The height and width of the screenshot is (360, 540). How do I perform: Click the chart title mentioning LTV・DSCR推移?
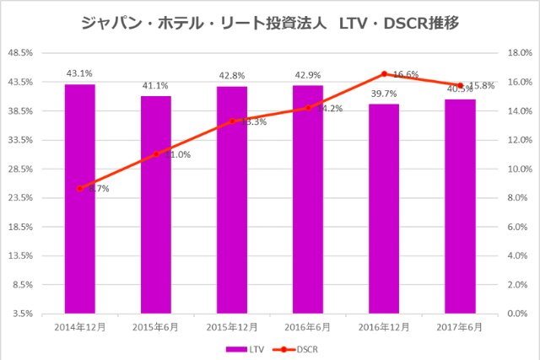click(x=269, y=23)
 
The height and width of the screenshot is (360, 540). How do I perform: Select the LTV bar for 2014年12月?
click(x=79, y=198)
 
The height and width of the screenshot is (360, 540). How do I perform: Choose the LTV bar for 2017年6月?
click(x=460, y=206)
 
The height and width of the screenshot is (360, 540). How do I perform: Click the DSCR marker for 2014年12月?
click(x=79, y=188)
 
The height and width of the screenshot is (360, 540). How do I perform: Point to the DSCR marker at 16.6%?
click(x=384, y=73)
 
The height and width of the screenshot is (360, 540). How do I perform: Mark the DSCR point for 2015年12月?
click(x=232, y=121)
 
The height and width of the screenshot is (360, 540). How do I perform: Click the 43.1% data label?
click(x=79, y=74)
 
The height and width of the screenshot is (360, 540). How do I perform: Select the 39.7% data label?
click(x=384, y=94)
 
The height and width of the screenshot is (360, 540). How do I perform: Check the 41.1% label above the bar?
click(x=155, y=85)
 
